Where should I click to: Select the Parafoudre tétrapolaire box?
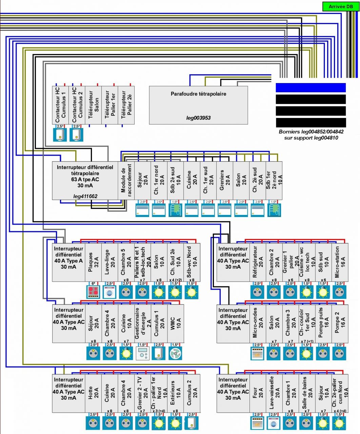(x=198, y=105)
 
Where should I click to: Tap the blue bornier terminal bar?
(x=311, y=88)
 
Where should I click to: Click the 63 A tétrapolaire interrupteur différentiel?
(x=85, y=181)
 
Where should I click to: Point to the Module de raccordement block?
(x=126, y=181)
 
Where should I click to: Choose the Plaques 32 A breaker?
(x=93, y=262)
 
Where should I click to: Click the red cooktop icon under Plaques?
(x=93, y=292)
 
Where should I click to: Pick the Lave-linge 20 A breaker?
(x=109, y=262)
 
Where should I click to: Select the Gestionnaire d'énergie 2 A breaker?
(x=142, y=323)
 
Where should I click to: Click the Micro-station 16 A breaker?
(x=340, y=262)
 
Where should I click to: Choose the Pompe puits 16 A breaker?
(x=323, y=323)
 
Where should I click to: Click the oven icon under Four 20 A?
(x=258, y=423)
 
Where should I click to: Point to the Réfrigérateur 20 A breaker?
(x=258, y=262)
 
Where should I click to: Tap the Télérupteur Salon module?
(x=93, y=105)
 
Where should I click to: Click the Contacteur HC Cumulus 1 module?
(x=60, y=105)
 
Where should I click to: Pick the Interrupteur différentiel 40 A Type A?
(x=68, y=262)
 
